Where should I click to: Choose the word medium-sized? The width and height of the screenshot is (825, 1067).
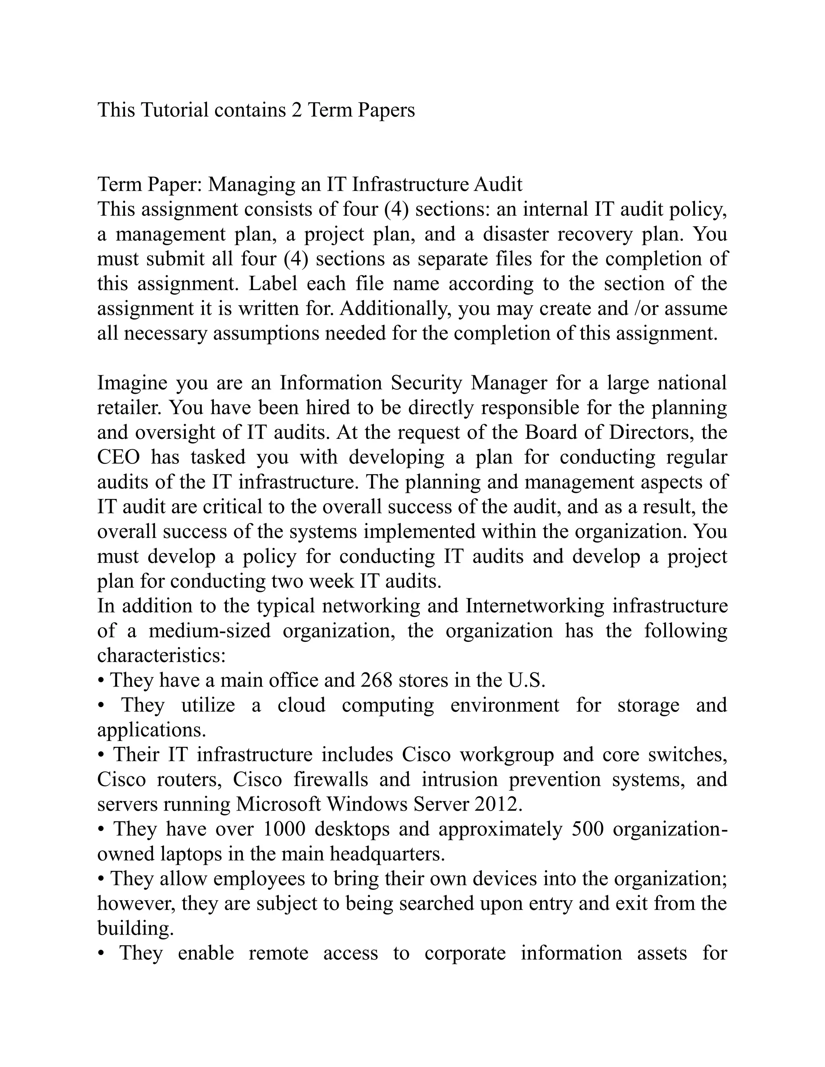pyautogui.click(x=209, y=631)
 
